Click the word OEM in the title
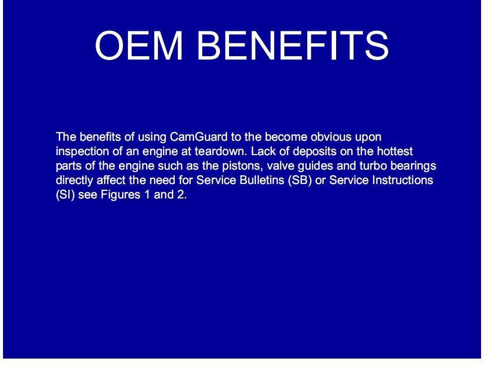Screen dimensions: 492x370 pyautogui.click(x=139, y=45)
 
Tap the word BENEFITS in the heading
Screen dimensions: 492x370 pyautogui.click(x=293, y=45)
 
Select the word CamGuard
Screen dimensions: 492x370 pyautogui.click(x=199, y=137)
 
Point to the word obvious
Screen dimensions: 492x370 pyautogui.click(x=331, y=137)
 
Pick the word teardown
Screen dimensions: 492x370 pyautogui.click(x=221, y=151)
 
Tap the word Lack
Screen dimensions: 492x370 pyautogui.click(x=262, y=151)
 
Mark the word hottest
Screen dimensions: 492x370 pyautogui.click(x=395, y=151)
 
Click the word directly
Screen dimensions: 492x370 pyautogui.click(x=74, y=181)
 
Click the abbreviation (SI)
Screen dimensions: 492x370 pyautogui.click(x=65, y=195)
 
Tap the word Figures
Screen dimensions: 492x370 pyautogui.click(x=121, y=195)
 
